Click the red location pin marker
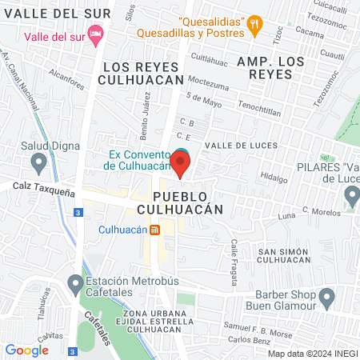181,165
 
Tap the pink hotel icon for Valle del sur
96,34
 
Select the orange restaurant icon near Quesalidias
255,23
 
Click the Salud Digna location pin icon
38,164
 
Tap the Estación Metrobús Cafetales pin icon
74,283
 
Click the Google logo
26,350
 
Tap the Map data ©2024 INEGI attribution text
312,354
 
